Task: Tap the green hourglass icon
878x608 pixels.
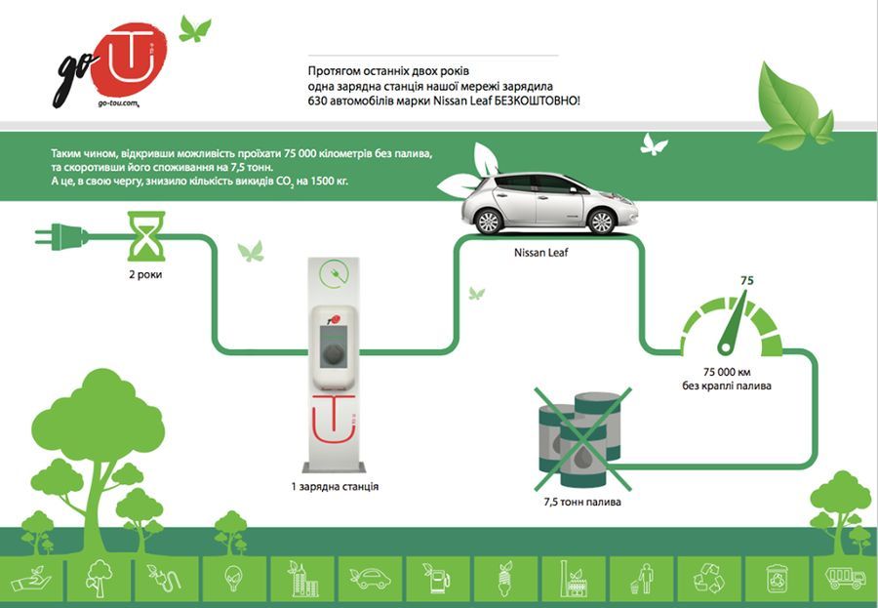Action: click(146, 236)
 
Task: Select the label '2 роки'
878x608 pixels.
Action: click(145, 274)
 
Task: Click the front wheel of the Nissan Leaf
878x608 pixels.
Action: click(602, 222)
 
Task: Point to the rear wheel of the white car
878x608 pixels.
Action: click(489, 222)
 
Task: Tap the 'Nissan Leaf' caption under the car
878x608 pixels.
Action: click(540, 253)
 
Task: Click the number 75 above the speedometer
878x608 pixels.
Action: click(747, 280)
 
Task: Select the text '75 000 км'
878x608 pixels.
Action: click(727, 372)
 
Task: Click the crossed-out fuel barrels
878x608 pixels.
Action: click(581, 439)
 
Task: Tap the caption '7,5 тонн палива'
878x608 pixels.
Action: click(582, 502)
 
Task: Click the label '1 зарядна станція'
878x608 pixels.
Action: click(335, 486)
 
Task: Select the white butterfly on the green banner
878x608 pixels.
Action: click(654, 144)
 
